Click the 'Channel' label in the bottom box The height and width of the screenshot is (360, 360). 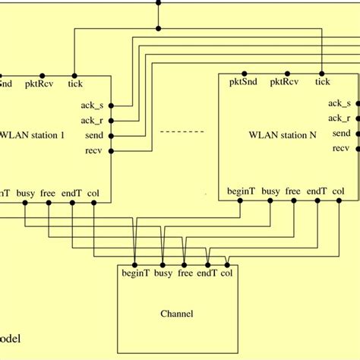click(x=177, y=313)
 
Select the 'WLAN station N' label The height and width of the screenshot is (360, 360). click(x=283, y=135)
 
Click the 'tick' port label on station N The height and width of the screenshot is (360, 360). click(x=322, y=82)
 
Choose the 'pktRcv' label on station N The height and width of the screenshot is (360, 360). click(x=285, y=82)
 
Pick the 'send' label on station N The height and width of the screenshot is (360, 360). click(x=341, y=133)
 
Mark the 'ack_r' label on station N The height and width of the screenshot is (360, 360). click(x=339, y=118)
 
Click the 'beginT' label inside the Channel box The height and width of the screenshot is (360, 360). click(x=135, y=272)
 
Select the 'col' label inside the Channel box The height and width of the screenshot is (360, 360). click(x=226, y=272)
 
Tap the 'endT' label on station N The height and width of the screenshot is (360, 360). click(x=317, y=192)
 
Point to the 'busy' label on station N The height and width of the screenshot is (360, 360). click(x=270, y=192)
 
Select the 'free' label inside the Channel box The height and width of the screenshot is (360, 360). click(x=185, y=272)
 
